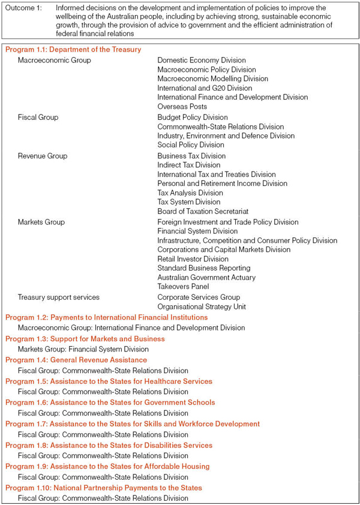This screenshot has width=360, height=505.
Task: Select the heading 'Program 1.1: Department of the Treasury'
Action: coord(73,49)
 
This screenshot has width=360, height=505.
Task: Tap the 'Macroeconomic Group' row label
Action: coord(54,60)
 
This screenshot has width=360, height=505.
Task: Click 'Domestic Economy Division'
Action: coord(202,60)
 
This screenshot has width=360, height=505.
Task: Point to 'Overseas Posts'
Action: coord(182,106)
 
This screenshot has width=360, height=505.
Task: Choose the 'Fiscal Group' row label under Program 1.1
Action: coord(38,118)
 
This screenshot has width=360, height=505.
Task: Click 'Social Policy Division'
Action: coord(191,145)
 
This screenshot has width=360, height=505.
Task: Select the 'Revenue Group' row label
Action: coord(43,156)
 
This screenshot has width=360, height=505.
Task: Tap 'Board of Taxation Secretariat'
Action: coord(203,211)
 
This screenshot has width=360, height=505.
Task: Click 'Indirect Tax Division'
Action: coord(189,165)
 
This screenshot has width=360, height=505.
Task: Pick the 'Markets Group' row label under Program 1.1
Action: coord(41,222)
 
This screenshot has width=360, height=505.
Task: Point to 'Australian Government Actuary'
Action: coord(206,277)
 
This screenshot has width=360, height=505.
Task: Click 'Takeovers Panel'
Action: coord(184,287)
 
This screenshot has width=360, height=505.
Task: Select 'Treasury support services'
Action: coord(59,297)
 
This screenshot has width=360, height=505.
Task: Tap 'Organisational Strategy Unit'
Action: coord(202,306)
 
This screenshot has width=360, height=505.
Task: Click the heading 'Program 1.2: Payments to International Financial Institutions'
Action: coord(107,317)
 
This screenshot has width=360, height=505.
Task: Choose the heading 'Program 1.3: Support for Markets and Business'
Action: coord(85,339)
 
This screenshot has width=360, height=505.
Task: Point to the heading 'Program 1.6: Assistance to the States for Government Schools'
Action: coord(110,402)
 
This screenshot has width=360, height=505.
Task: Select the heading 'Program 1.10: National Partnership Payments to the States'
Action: coord(104,488)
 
